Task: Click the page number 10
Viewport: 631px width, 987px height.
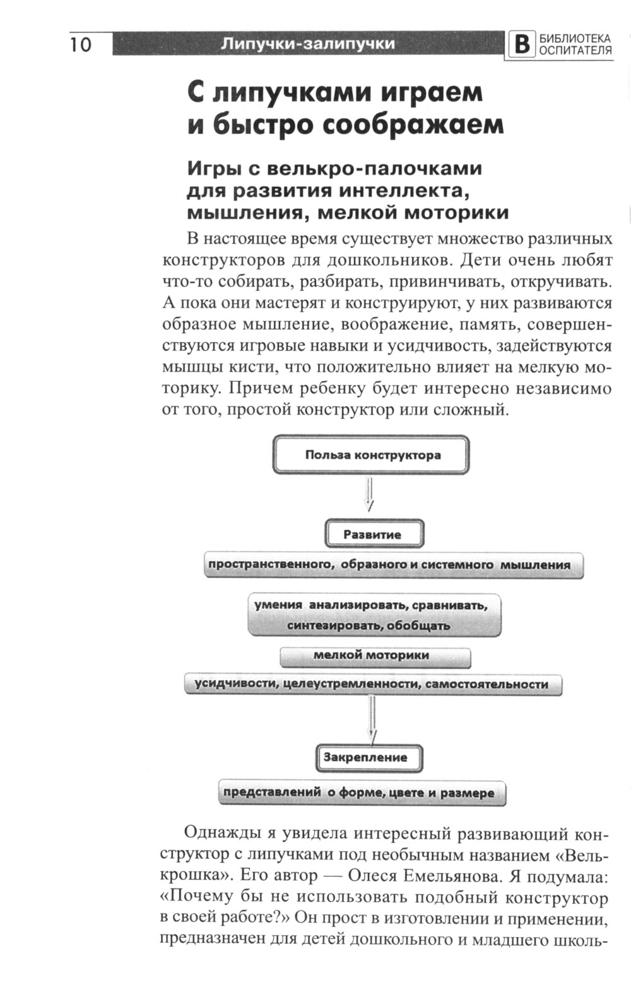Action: pyautogui.click(x=81, y=44)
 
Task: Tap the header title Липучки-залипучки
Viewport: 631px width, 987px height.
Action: pyautogui.click(x=309, y=44)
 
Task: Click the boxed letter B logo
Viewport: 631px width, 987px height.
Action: pyautogui.click(x=521, y=45)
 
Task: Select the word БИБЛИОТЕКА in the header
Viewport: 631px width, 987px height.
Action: pyautogui.click(x=575, y=39)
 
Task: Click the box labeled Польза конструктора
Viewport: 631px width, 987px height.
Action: pyautogui.click(x=371, y=455)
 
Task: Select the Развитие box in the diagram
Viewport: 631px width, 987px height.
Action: pyautogui.click(x=373, y=535)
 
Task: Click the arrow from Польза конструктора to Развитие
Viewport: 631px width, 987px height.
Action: pyautogui.click(x=369, y=495)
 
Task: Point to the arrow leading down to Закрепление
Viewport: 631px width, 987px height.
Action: pyautogui.click(x=372, y=719)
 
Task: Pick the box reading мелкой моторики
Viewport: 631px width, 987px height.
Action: pyautogui.click(x=375, y=656)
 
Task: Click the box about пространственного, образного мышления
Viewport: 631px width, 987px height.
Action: pyautogui.click(x=392, y=565)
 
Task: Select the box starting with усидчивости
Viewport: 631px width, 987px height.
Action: pyautogui.click(x=372, y=684)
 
